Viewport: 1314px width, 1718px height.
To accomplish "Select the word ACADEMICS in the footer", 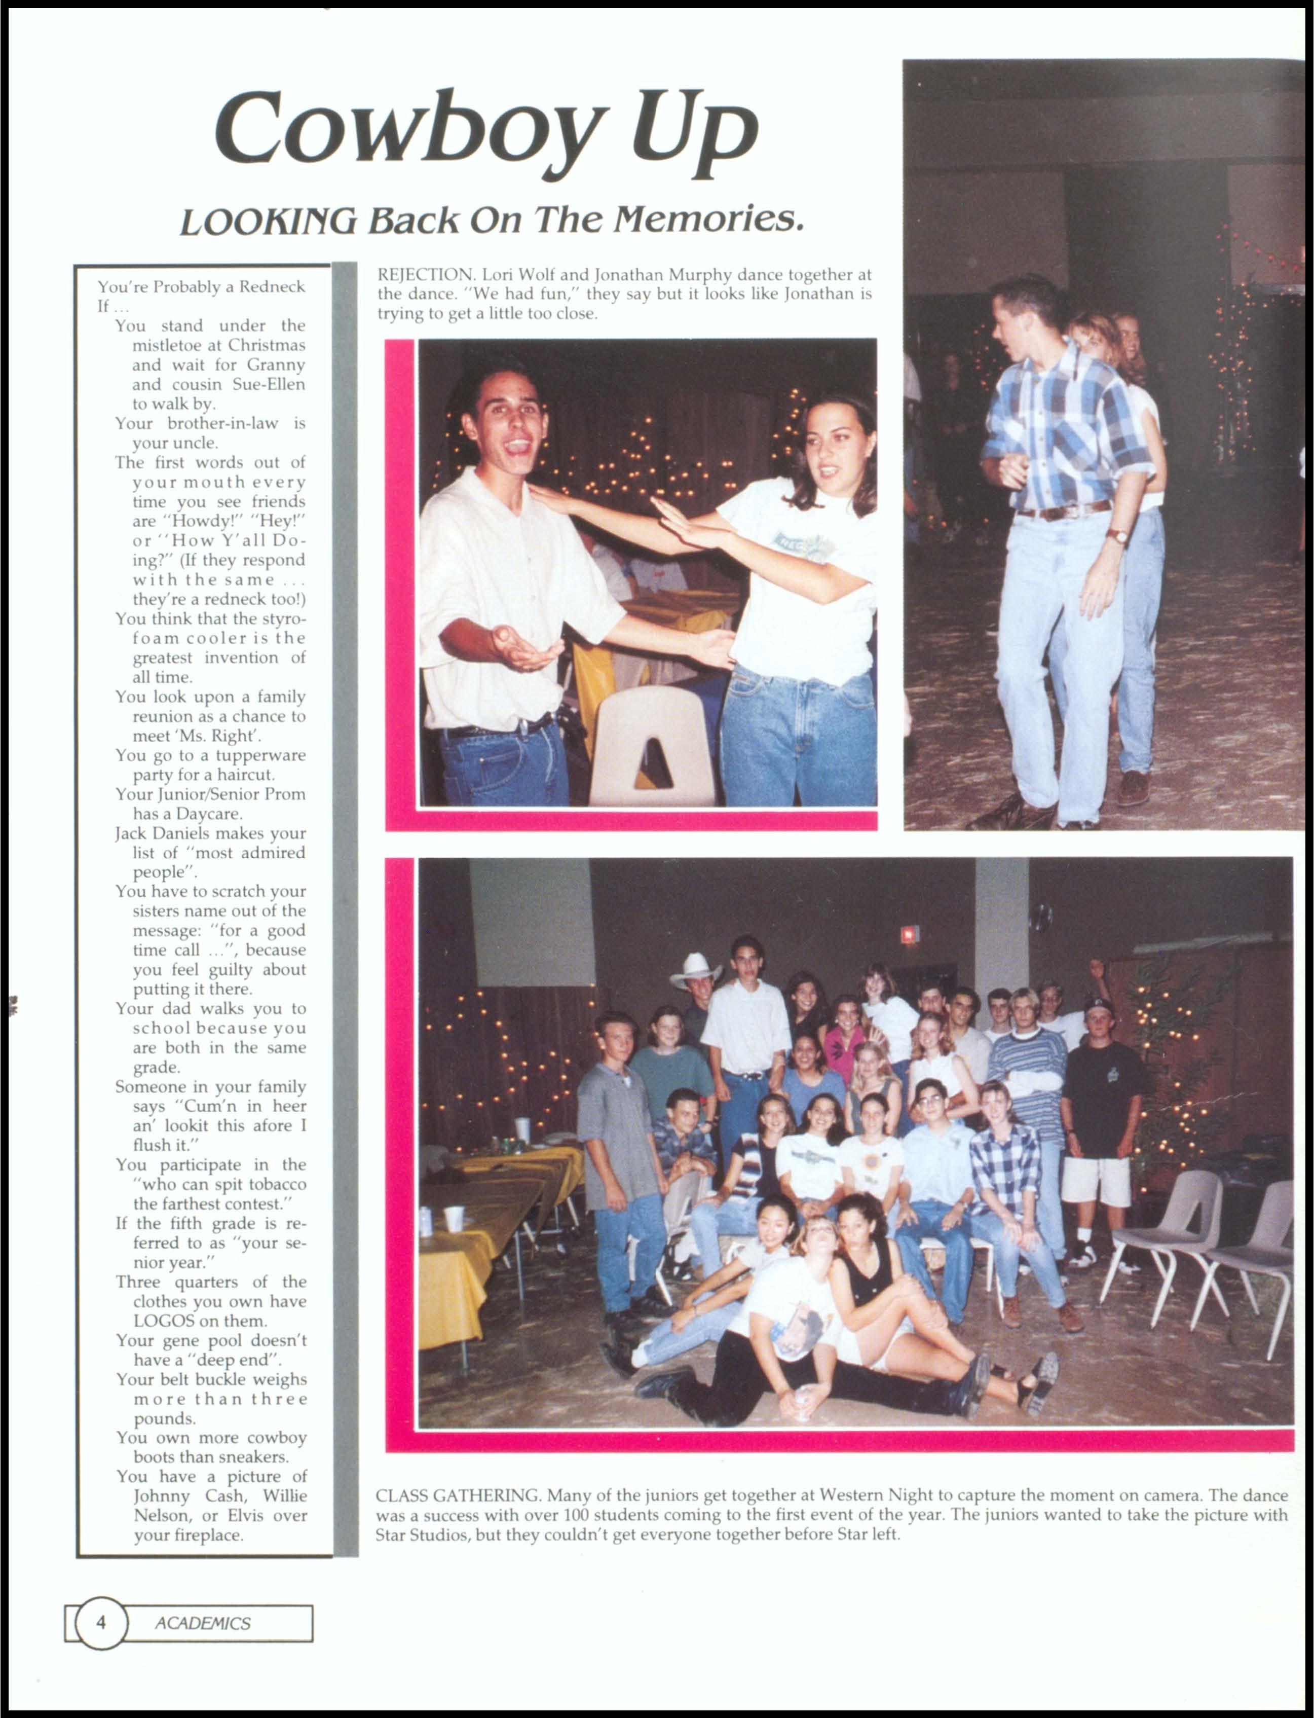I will pyautogui.click(x=203, y=1623).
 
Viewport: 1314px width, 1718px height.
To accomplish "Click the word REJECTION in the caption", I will pyautogui.click(x=426, y=275).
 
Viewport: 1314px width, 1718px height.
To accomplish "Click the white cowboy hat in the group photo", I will pyautogui.click(x=695, y=969).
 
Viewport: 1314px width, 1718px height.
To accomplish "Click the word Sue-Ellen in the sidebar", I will pyautogui.click(x=268, y=384).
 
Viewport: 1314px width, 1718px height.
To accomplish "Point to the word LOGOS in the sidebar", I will pyautogui.click(x=164, y=1321).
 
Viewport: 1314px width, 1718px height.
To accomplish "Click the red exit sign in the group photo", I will pyautogui.click(x=909, y=934).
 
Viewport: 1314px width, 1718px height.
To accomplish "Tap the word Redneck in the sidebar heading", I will pyautogui.click(x=272, y=286).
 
